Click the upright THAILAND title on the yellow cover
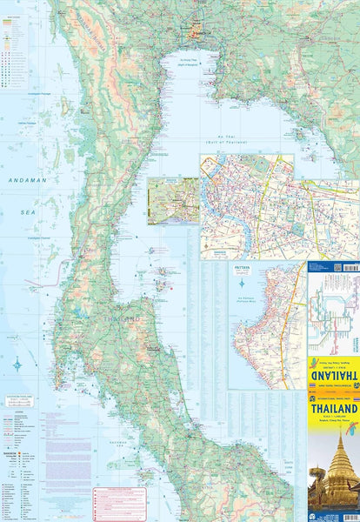click(333, 407)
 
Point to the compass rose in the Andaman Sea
click(17, 364)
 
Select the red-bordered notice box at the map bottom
click(119, 503)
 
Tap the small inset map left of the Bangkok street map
click(173, 201)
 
